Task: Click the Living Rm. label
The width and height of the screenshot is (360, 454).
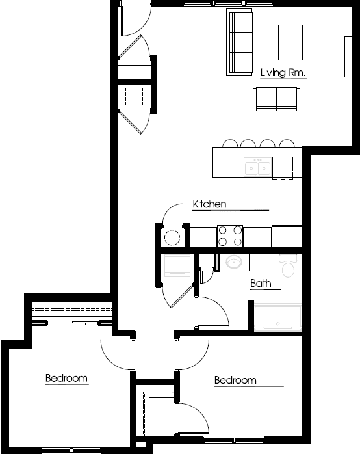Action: (283, 72)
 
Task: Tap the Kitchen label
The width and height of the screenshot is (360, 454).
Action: (209, 204)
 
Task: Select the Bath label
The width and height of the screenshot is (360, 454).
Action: (261, 283)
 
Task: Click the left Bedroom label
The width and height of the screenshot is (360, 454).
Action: (66, 378)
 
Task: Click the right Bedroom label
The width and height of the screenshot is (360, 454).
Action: (235, 380)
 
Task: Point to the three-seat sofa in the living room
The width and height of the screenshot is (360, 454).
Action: (239, 42)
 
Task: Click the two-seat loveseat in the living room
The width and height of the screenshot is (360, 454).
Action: (276, 100)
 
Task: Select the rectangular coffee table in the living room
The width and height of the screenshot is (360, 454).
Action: (290, 42)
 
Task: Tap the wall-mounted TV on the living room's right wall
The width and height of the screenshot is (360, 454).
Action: (348, 57)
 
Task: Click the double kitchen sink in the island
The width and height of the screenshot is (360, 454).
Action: (257, 167)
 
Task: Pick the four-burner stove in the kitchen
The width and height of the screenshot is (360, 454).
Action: (230, 235)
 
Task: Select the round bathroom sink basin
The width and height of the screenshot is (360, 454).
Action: (234, 262)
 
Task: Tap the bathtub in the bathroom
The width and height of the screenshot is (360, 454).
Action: (278, 317)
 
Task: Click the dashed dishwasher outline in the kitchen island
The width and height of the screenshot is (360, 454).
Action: (283, 168)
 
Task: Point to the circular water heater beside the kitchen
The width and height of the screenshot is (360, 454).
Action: (172, 237)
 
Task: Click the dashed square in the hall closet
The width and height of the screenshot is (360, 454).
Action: (134, 97)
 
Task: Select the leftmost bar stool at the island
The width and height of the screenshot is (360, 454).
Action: (230, 144)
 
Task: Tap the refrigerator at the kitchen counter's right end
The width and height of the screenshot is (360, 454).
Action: (287, 235)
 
